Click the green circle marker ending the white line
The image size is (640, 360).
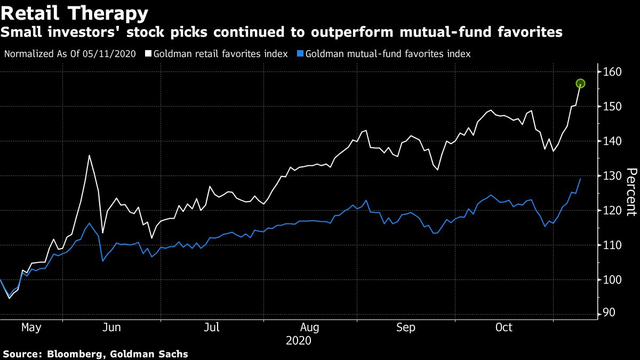tap(580, 83)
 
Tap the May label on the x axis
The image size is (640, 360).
tap(31, 327)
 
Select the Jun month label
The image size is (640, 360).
tap(111, 327)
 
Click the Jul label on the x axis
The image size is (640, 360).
tap(212, 327)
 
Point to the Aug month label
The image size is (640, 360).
tap(310, 327)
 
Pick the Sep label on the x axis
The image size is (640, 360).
tap(406, 327)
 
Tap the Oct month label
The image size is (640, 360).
tap(504, 327)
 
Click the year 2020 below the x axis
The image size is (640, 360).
tap(298, 340)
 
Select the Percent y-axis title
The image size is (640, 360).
tap(631, 192)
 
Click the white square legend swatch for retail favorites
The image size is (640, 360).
tap(148, 54)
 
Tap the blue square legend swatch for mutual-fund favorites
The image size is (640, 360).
tap(301, 54)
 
